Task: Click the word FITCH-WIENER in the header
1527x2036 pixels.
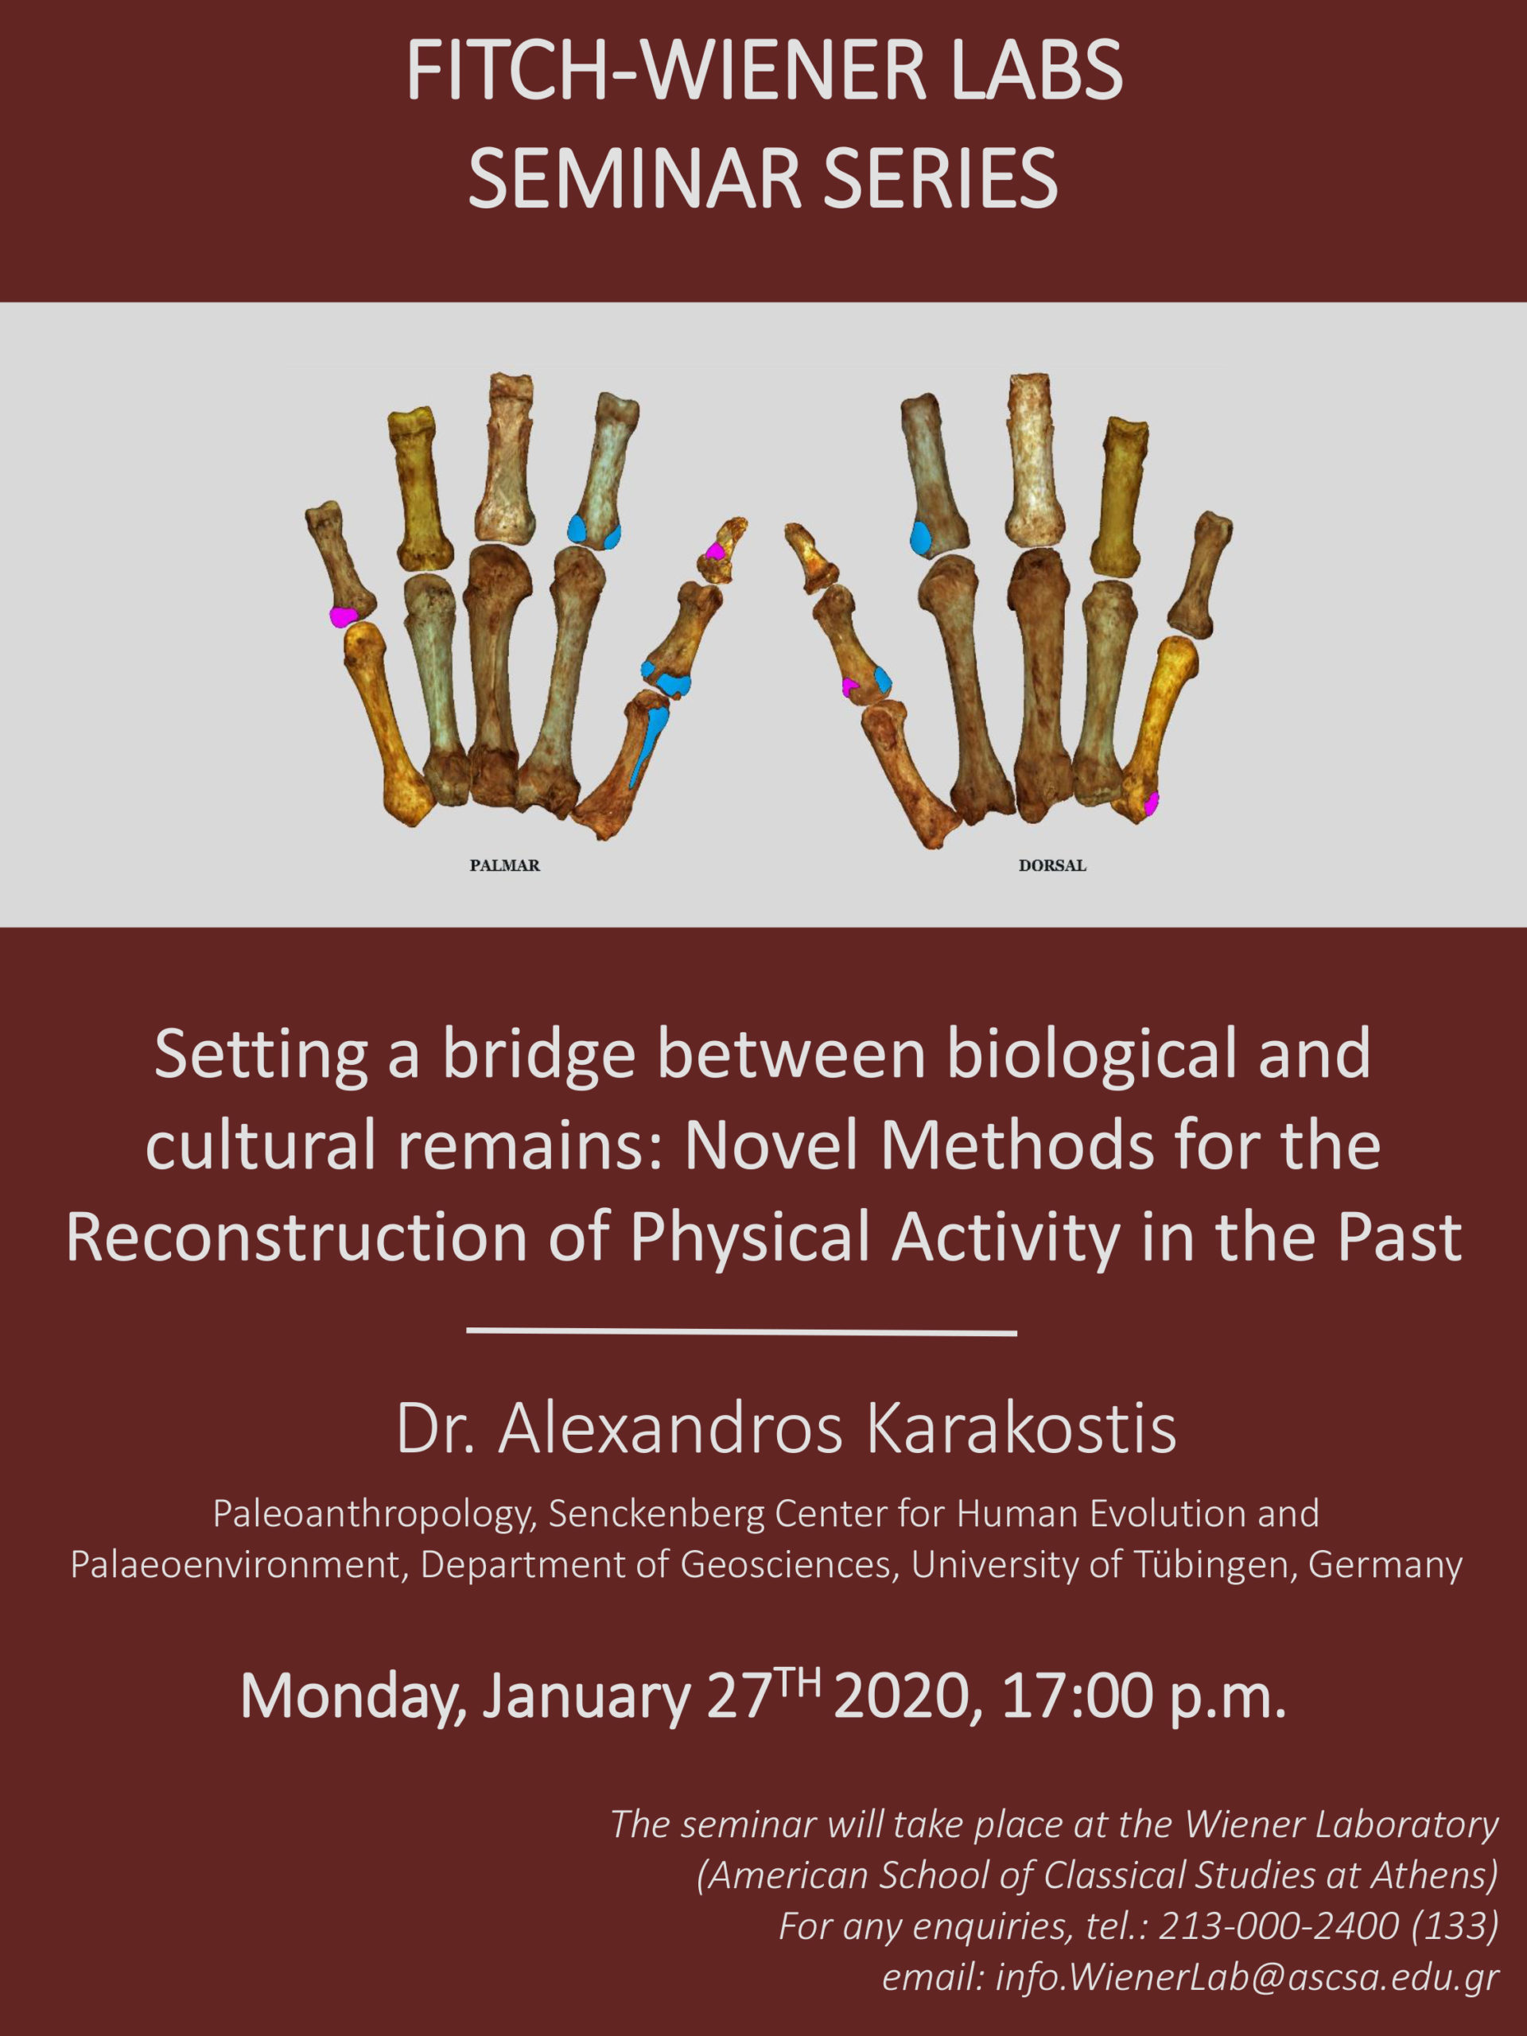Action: (666, 72)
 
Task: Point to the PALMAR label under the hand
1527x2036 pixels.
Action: (504, 865)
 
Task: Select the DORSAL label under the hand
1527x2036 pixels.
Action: (1052, 865)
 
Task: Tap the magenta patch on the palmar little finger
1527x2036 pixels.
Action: (343, 616)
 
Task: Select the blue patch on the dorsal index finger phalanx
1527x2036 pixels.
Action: (919, 538)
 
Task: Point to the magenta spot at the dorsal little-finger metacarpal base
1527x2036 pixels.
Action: (1151, 803)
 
